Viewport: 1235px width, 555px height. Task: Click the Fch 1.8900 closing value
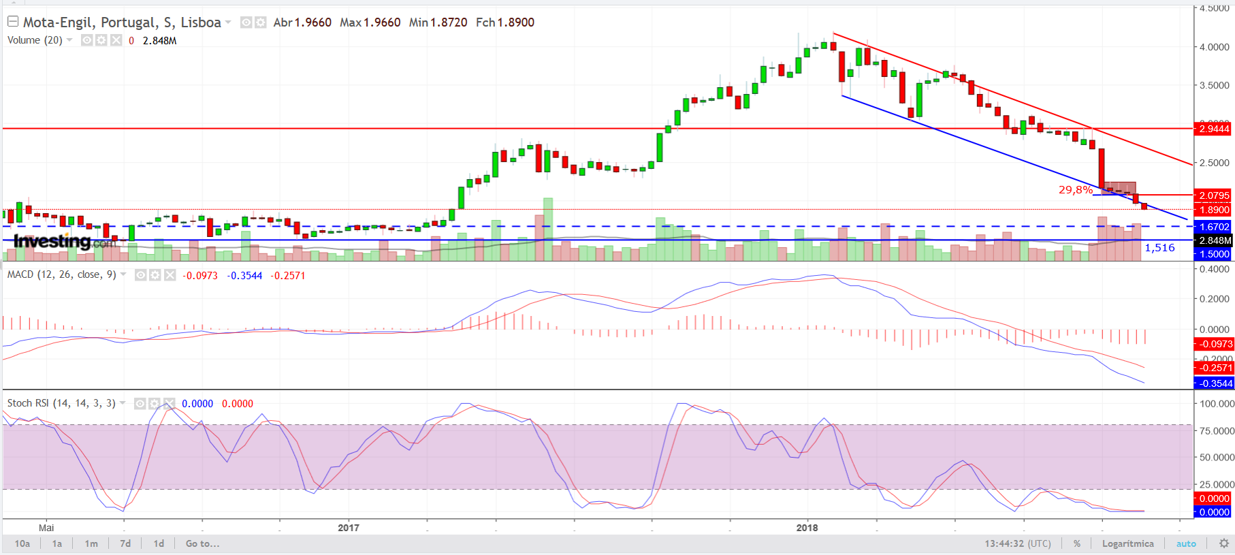(x=504, y=22)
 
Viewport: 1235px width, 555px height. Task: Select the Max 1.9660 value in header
(x=370, y=22)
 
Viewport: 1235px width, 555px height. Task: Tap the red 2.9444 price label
(x=1214, y=129)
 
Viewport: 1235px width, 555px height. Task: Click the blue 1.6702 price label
(x=1214, y=227)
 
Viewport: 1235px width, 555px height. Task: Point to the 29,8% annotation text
(x=1075, y=190)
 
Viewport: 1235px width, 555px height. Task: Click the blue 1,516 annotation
(x=1159, y=248)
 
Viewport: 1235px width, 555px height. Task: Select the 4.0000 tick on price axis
(x=1214, y=47)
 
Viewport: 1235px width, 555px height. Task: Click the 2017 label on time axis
(x=349, y=528)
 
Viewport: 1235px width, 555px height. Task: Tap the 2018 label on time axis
(x=807, y=528)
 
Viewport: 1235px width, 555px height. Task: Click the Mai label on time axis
(x=46, y=528)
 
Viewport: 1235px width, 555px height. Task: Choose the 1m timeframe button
(x=91, y=543)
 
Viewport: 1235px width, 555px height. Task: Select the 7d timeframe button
(x=125, y=543)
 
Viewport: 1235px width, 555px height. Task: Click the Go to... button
(x=202, y=543)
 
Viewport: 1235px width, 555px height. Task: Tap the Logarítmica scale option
(x=1127, y=543)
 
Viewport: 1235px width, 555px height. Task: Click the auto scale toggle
(x=1186, y=543)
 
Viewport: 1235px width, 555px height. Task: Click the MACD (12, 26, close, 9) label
(x=61, y=274)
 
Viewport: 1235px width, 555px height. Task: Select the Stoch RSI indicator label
(x=61, y=403)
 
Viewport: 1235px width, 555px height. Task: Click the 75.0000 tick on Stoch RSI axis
(x=1217, y=431)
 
